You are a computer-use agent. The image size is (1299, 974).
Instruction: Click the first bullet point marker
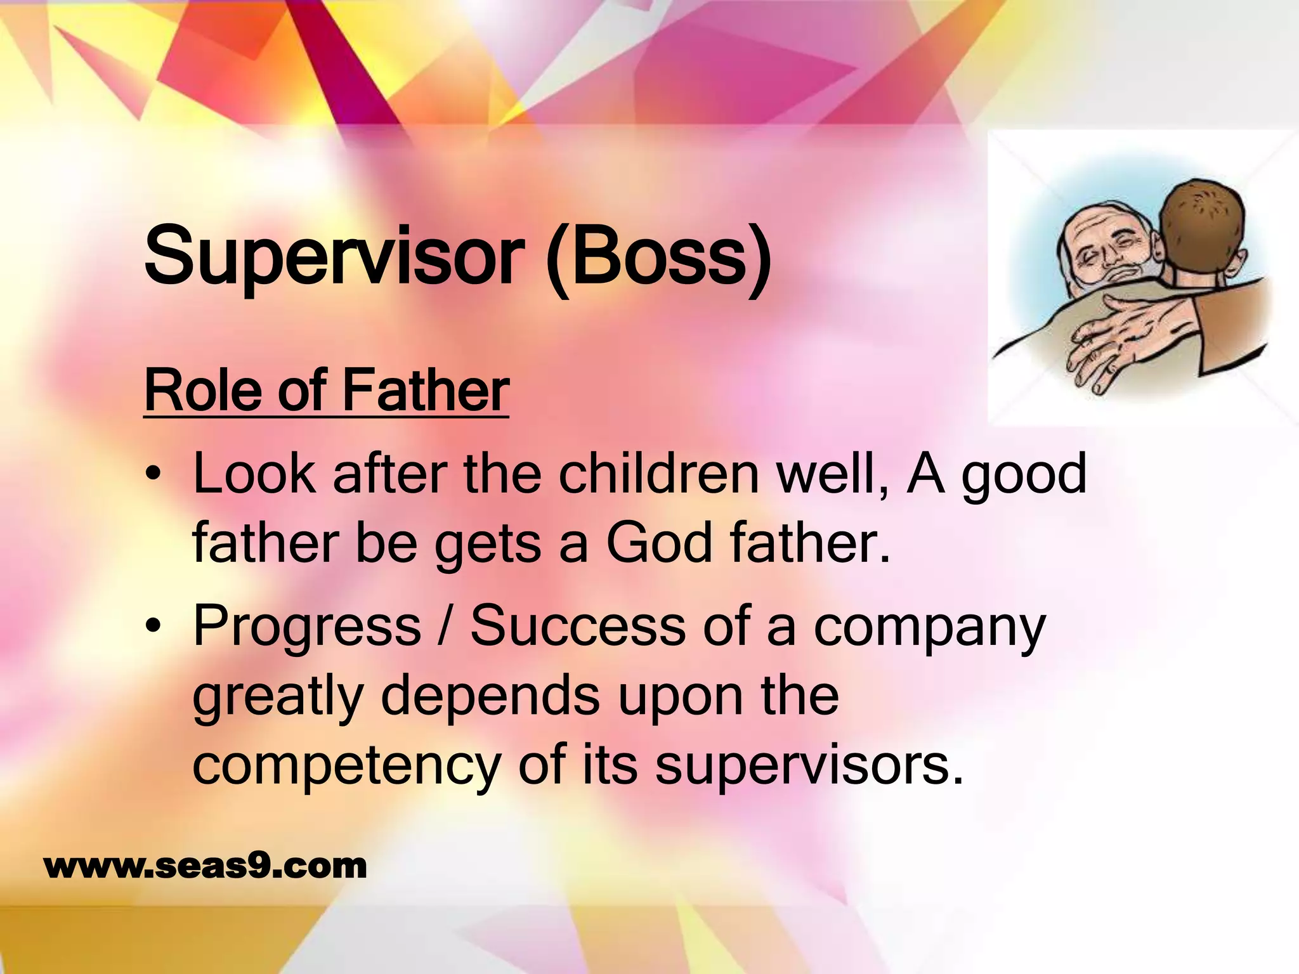click(x=153, y=476)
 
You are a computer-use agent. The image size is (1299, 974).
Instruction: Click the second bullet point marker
click(x=153, y=627)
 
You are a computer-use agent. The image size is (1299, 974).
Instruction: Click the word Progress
click(x=307, y=627)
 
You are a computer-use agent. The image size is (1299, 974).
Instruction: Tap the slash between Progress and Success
click(x=445, y=627)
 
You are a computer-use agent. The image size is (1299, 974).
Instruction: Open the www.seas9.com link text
click(x=206, y=866)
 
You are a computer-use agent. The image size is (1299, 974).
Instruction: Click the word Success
click(x=577, y=627)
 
